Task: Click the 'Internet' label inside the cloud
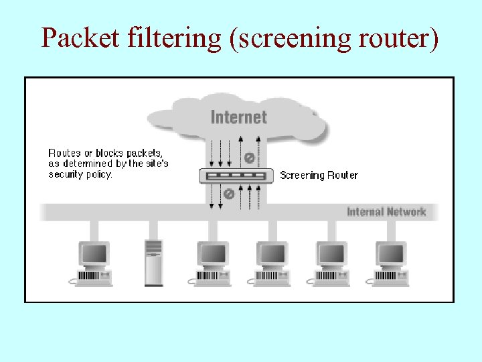coord(238,117)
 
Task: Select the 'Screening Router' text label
coord(319,176)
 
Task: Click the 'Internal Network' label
coord(386,212)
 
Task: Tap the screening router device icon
coord(237,176)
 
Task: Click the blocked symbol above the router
coord(249,158)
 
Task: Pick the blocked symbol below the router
coord(228,193)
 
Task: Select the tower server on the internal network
coord(153,262)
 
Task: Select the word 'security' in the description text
coord(64,174)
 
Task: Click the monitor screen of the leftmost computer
coord(94,253)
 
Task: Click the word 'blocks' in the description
coord(107,153)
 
